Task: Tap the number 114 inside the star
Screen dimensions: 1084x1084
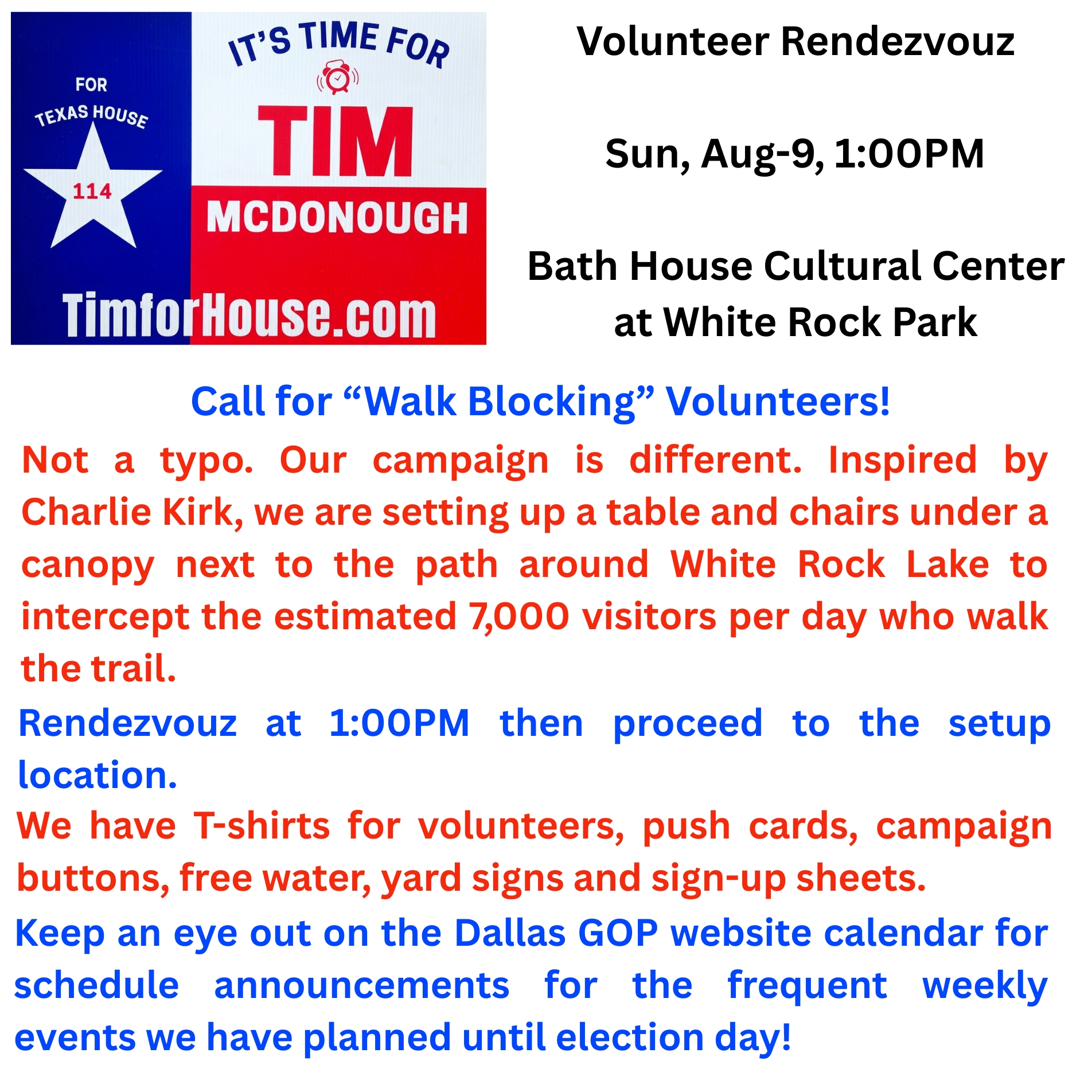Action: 92,191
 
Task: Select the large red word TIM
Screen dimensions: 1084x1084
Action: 336,141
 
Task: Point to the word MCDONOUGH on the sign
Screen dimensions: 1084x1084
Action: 337,217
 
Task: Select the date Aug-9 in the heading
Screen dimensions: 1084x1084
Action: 762,154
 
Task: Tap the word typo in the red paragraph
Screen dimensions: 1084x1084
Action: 206,461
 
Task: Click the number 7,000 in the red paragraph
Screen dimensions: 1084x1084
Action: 519,617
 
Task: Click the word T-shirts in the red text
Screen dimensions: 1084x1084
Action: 262,826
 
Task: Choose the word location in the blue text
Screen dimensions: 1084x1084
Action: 98,775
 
